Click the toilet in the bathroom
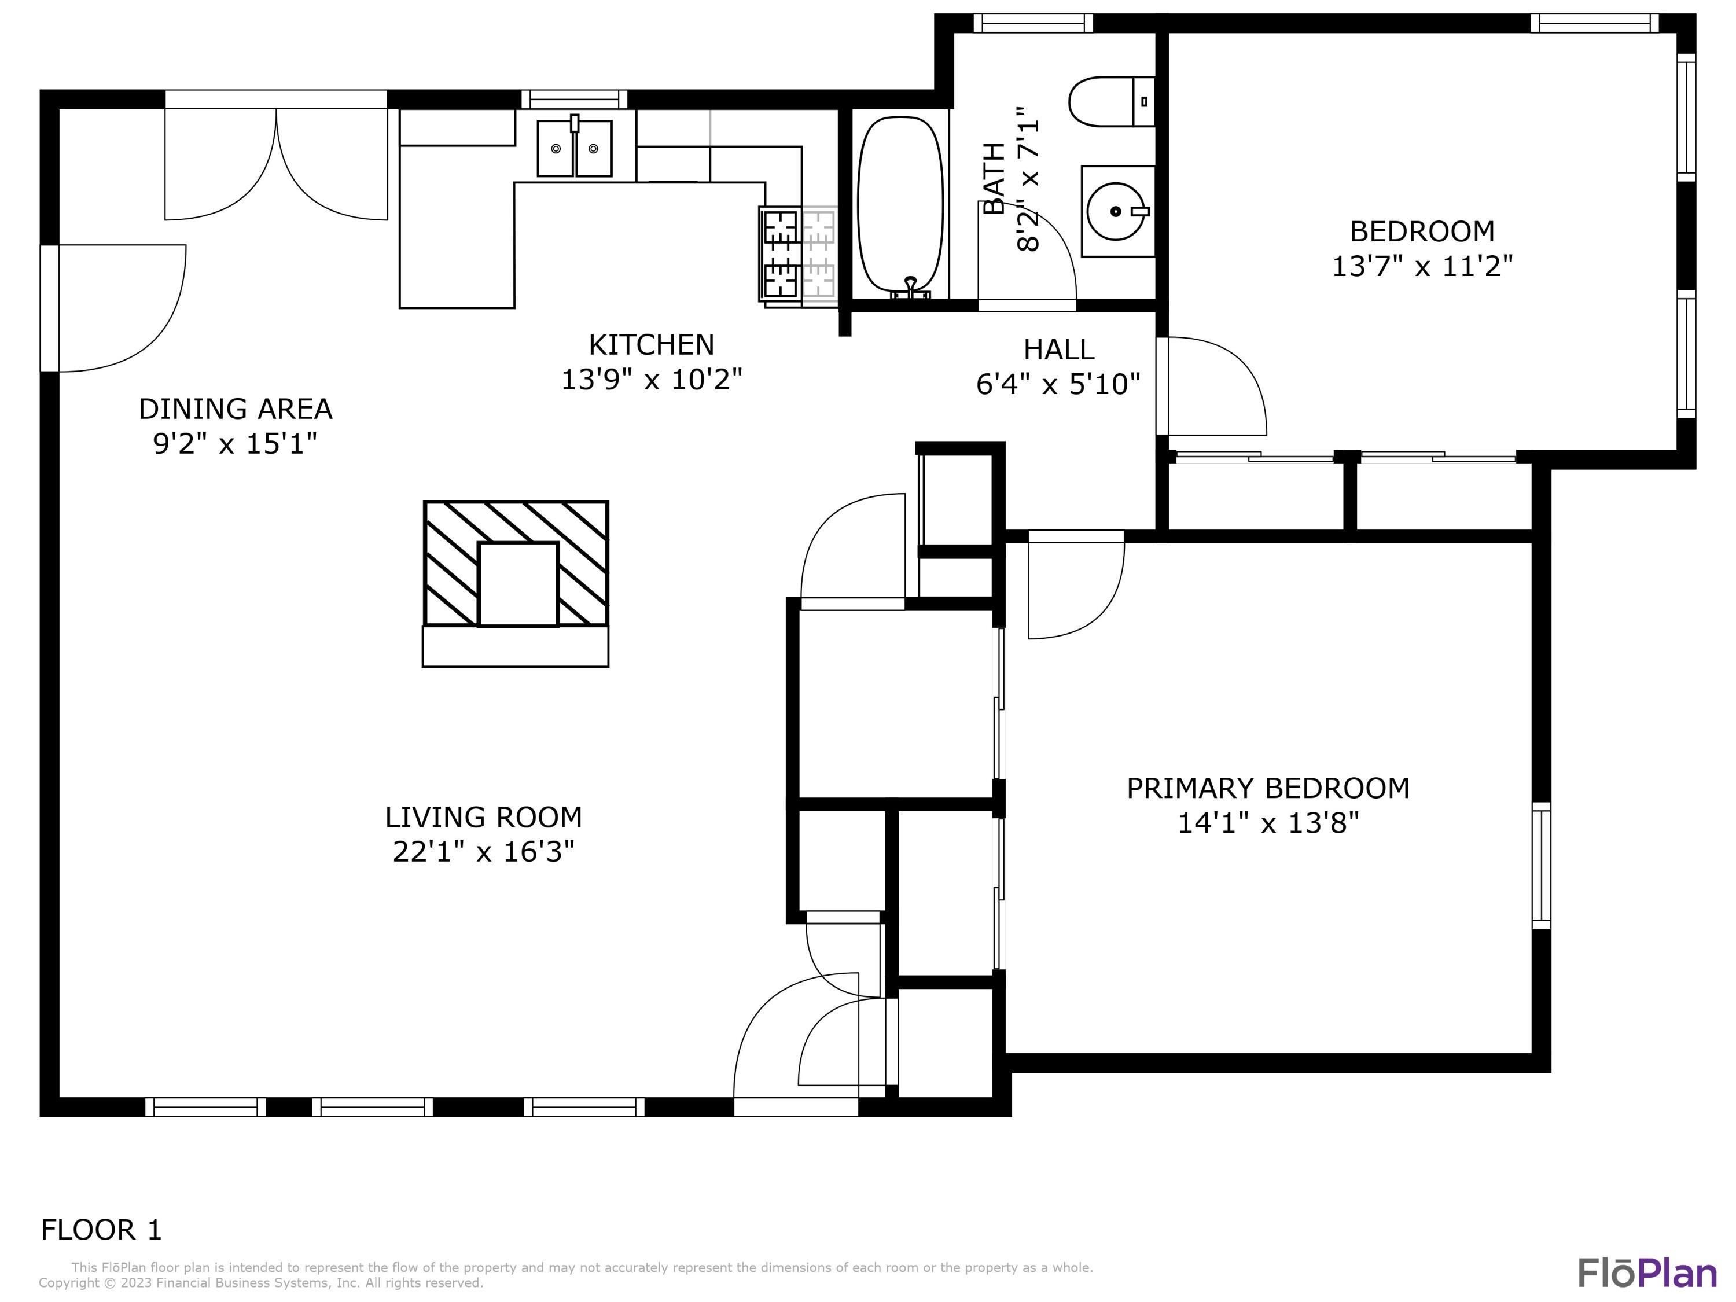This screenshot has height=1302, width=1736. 1111,101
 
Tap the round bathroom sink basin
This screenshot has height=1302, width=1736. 1116,211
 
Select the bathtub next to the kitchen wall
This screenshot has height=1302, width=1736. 900,207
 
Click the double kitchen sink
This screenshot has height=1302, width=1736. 575,148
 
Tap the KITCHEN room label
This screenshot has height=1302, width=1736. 652,344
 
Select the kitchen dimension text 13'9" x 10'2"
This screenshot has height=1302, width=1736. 652,380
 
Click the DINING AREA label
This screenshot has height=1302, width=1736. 236,409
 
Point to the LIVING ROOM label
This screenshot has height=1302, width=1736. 483,817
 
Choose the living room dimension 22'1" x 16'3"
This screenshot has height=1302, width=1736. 483,852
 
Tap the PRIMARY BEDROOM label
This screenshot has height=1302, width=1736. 1268,788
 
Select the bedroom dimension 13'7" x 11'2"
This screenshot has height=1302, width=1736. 1422,266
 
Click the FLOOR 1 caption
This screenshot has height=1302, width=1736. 101,1229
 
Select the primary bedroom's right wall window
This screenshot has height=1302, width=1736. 1542,866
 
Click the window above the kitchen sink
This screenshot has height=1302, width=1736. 575,100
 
